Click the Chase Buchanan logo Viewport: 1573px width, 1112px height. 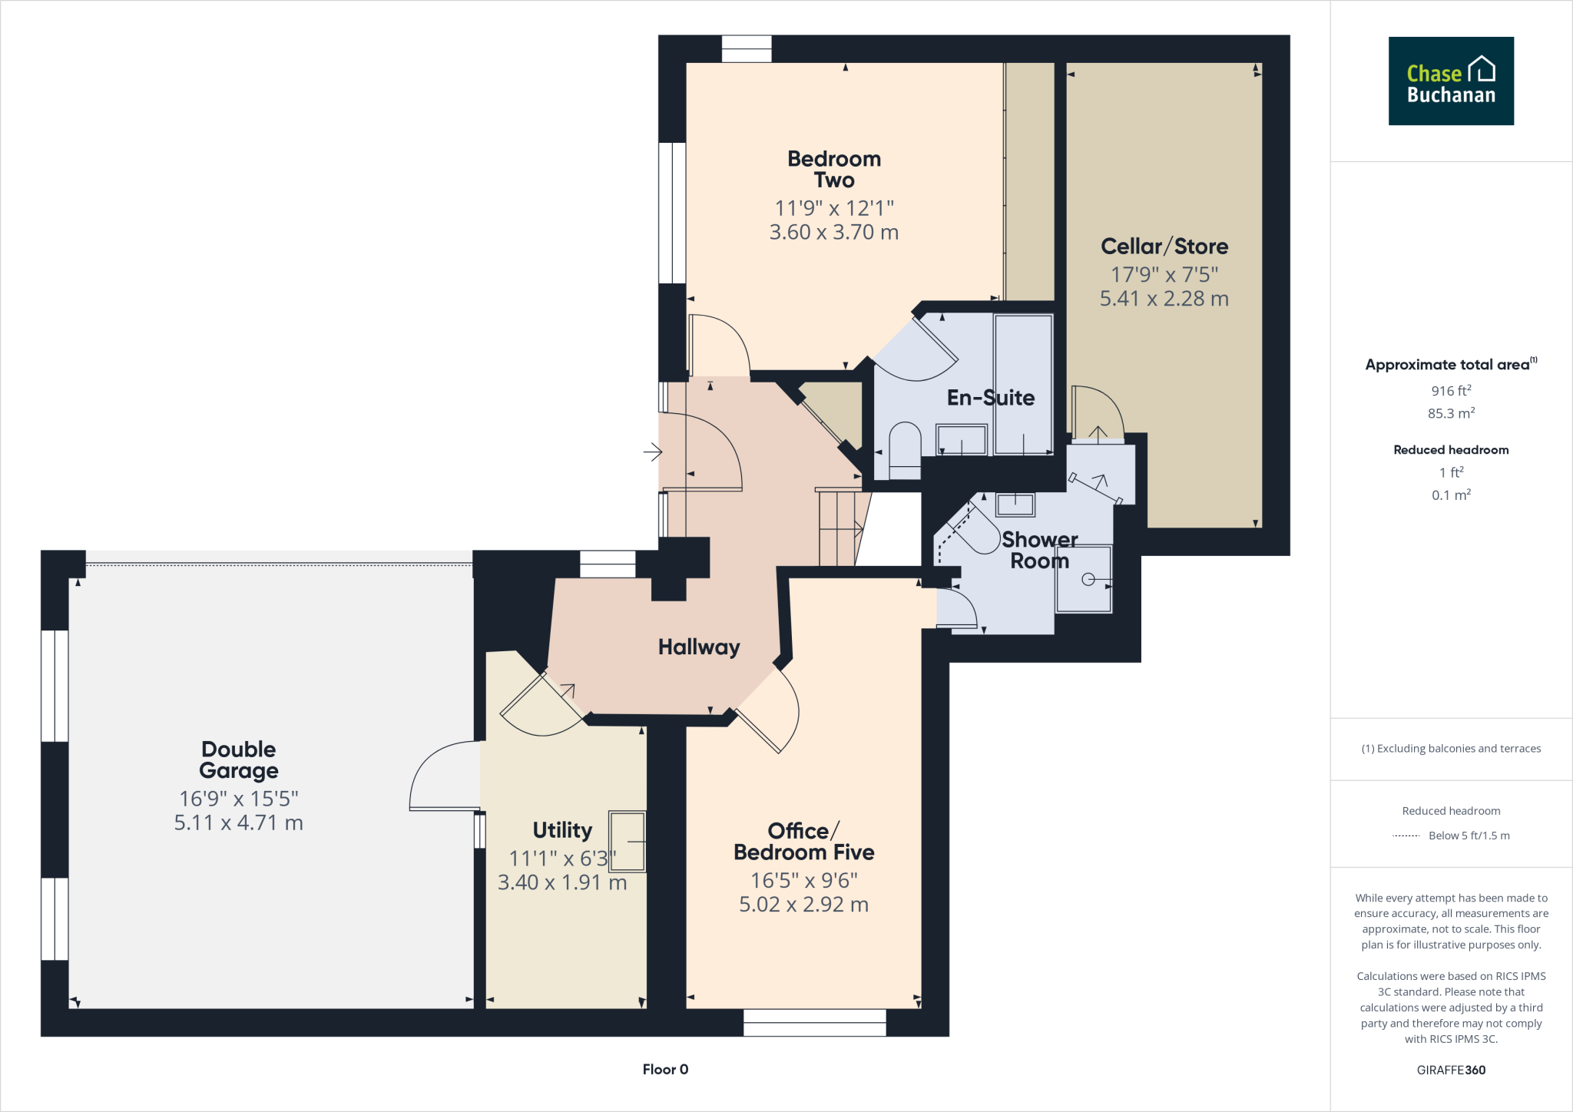coord(1450,81)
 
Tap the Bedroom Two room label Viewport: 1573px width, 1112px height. coord(834,170)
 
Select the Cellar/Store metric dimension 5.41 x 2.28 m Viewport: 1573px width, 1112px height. coord(1164,299)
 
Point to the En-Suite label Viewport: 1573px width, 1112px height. coord(990,398)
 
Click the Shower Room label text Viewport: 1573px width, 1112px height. coord(1039,551)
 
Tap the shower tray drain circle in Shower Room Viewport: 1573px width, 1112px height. coord(1088,580)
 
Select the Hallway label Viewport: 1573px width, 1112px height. coord(698,647)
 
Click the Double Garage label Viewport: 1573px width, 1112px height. coord(238,760)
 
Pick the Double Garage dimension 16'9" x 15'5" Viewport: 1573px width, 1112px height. coord(238,799)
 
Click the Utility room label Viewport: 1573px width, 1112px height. coord(562,830)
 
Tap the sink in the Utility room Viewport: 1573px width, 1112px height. coord(628,841)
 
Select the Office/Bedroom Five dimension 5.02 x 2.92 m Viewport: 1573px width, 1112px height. coord(803,905)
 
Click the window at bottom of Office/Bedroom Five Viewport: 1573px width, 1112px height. coord(814,1022)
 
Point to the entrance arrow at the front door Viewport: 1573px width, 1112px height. coord(652,452)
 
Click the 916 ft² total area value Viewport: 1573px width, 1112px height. coord(1450,391)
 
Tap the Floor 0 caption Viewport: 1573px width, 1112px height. coord(665,1069)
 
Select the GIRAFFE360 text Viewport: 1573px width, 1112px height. coord(1450,1070)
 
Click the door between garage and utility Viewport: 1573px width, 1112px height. coord(444,776)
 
